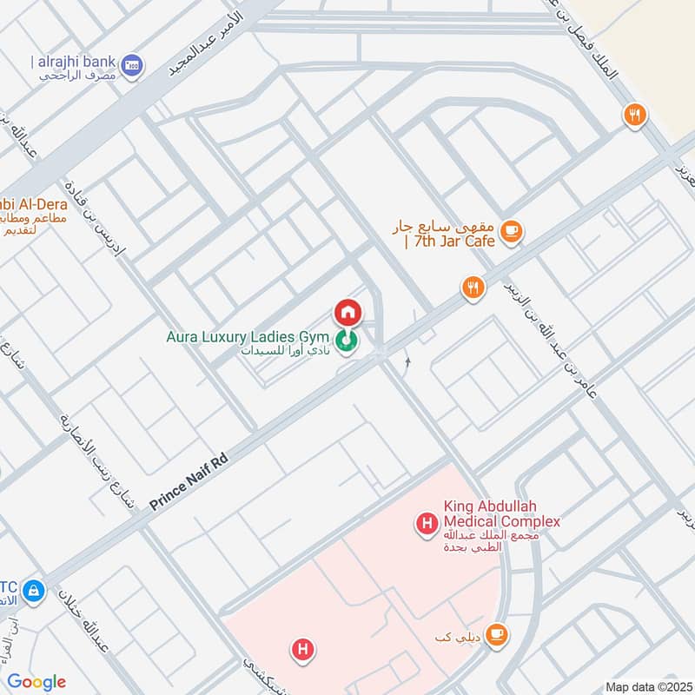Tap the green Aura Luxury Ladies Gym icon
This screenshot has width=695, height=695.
point(348,340)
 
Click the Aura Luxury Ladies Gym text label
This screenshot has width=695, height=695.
point(248,336)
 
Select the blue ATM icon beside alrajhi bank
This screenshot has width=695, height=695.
point(132,64)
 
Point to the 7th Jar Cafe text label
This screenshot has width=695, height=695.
point(443,233)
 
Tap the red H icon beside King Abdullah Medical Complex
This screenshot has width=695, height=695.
point(427,523)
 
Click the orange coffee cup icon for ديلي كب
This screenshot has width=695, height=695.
point(497,635)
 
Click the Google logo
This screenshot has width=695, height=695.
point(36,682)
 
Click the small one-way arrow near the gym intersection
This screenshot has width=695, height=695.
point(407,362)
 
